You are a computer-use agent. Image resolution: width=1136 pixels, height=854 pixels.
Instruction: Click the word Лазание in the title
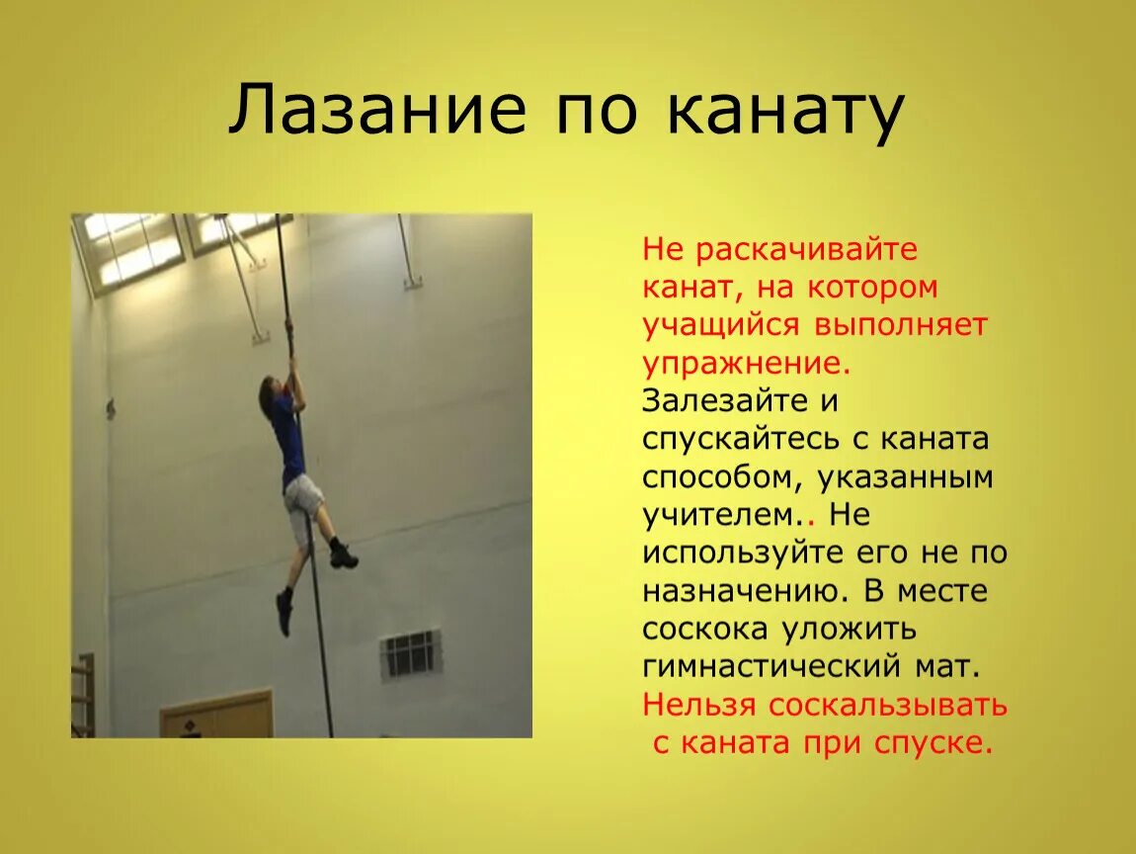click(x=376, y=110)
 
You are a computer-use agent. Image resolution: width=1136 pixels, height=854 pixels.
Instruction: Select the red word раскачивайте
click(x=806, y=249)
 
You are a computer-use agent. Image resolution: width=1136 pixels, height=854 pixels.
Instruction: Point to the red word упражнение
click(x=746, y=363)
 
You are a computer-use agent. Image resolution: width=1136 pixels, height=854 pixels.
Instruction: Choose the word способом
click(x=723, y=477)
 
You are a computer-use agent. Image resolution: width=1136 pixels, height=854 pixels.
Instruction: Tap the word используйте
click(x=743, y=554)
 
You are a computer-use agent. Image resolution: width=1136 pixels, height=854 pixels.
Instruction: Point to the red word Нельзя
click(x=699, y=705)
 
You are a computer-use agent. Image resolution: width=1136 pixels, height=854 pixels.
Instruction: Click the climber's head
click(x=269, y=393)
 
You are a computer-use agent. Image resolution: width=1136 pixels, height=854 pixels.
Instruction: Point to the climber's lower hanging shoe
click(x=284, y=613)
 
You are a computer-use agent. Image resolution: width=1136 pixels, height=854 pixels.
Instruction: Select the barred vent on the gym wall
click(x=411, y=654)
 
